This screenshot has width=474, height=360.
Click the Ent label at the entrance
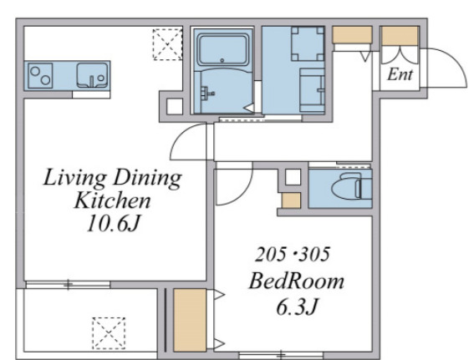point(400,74)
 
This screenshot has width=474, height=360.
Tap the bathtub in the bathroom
point(223,49)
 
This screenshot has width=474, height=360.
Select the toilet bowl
point(351,186)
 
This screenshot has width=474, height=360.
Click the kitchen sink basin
point(92,75)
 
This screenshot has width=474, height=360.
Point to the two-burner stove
point(40,75)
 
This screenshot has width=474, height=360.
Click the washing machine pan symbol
point(308,43)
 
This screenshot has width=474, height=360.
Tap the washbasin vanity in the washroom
point(313,90)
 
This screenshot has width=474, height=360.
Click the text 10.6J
point(114,225)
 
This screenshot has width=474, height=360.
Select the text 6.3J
point(296,307)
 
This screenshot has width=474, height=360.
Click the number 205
point(270,254)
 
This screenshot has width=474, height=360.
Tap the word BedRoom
point(296,281)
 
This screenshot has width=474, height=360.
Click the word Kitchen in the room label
point(112,200)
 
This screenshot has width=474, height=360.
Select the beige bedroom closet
point(190,320)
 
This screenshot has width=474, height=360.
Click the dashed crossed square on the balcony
point(109,333)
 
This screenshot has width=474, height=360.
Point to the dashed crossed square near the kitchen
point(168,44)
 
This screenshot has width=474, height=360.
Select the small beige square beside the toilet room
point(291,200)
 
